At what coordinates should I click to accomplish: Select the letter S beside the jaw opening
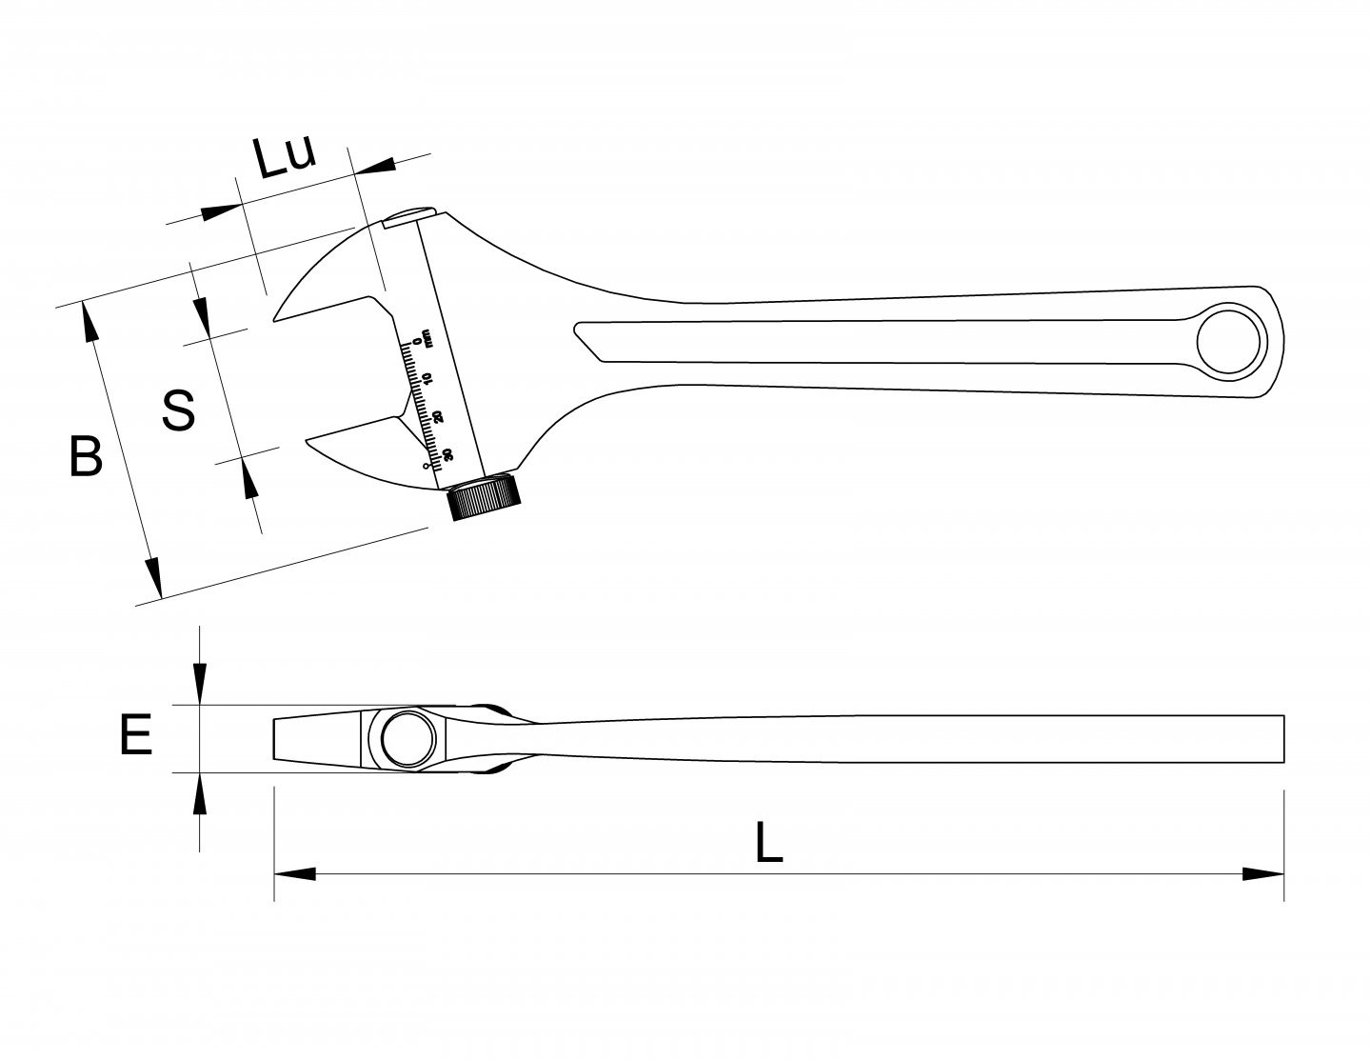click(179, 410)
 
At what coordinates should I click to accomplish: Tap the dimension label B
click(86, 455)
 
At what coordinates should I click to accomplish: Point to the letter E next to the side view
click(135, 734)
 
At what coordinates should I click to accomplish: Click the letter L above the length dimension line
click(769, 842)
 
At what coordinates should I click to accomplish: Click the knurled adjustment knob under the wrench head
click(484, 496)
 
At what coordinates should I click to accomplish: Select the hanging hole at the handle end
click(1232, 341)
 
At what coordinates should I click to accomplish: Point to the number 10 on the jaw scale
click(427, 379)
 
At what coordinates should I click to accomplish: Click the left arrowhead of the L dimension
click(294, 874)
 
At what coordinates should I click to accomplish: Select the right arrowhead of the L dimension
click(1263, 874)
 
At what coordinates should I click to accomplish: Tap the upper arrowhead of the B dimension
click(89, 322)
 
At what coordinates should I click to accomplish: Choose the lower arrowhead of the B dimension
click(154, 577)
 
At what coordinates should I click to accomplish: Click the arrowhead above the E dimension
click(199, 683)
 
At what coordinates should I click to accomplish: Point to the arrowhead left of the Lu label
click(222, 211)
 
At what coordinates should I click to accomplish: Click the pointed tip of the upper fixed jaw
click(274, 320)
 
